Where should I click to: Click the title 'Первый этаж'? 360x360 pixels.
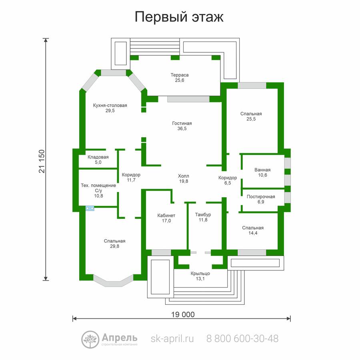pos(179,17)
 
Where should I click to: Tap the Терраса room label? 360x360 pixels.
pos(180,75)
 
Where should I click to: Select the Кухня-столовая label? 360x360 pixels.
pos(110,105)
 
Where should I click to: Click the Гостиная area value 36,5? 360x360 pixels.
pos(182,128)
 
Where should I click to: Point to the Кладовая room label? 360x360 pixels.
pos(98,157)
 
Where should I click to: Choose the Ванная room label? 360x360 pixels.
pos(262,170)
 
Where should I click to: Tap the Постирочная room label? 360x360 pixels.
pos(261,196)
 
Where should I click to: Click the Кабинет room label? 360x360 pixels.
pos(166,215)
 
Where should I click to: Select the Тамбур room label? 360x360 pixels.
pos(203,214)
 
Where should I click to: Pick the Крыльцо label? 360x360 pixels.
pos(200,274)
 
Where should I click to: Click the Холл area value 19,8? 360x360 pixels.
pos(184,181)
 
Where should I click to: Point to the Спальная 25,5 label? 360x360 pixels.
pos(251,116)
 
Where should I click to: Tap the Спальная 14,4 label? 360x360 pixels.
pos(253,230)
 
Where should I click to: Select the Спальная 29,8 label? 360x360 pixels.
pos(114,243)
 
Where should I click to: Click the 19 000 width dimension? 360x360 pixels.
pos(183,314)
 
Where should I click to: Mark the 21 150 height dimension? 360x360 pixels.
pos(42,161)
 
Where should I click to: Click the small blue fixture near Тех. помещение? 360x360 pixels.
pos(90,208)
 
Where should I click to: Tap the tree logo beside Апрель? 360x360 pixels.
pos(90,340)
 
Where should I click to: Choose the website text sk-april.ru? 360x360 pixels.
pos(172,339)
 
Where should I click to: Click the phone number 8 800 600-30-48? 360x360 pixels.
pos(242,339)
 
